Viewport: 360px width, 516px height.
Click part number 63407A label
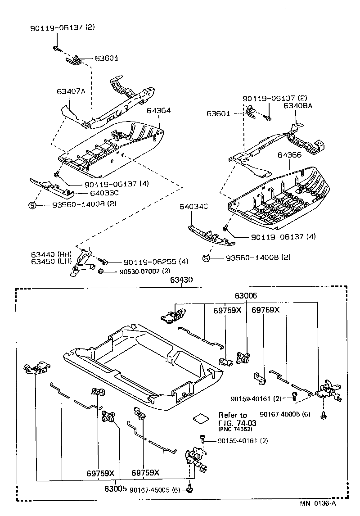[x=71, y=91]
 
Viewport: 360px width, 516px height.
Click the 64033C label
[x=104, y=193]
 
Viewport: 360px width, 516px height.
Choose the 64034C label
[x=193, y=207]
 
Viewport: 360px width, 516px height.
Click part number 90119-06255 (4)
[x=156, y=262]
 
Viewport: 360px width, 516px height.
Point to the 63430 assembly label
[x=181, y=280]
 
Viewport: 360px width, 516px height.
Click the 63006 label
[x=246, y=296]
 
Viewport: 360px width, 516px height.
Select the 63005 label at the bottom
[x=116, y=488]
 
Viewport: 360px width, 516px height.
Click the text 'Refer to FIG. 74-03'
[x=233, y=419]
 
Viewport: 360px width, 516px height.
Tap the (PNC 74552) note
[x=235, y=429]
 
